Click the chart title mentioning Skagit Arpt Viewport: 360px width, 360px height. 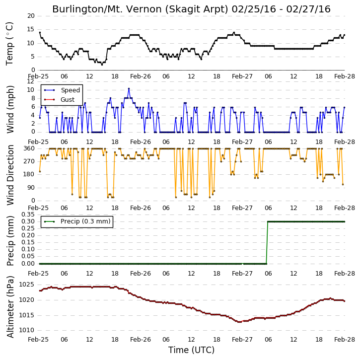click(x=191, y=9)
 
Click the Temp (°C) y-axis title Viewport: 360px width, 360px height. click(x=9, y=44)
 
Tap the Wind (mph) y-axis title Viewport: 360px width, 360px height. click(x=10, y=109)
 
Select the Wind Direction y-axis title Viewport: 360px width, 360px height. click(x=10, y=175)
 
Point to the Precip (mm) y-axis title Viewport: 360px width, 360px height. click(x=10, y=241)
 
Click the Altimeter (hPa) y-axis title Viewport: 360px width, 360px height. click(x=10, y=307)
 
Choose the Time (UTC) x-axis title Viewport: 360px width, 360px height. click(x=191, y=350)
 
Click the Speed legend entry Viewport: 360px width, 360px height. click(x=62, y=90)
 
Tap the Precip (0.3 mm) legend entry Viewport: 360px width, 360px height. click(x=77, y=221)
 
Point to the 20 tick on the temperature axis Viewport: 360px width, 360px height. click(x=31, y=16)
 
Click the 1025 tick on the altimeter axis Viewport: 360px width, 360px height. click(x=26, y=285)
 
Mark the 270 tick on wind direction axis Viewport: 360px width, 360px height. click(x=29, y=161)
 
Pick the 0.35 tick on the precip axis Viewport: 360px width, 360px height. click(x=28, y=215)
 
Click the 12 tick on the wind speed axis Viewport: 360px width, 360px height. click(x=31, y=81)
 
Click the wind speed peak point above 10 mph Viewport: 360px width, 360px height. click(x=129, y=88)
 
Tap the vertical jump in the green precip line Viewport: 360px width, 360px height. click(x=267, y=243)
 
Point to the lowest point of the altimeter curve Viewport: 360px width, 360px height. click(x=239, y=322)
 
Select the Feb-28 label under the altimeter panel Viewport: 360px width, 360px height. click(x=345, y=339)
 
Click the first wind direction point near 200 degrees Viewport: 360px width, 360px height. click(x=40, y=171)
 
